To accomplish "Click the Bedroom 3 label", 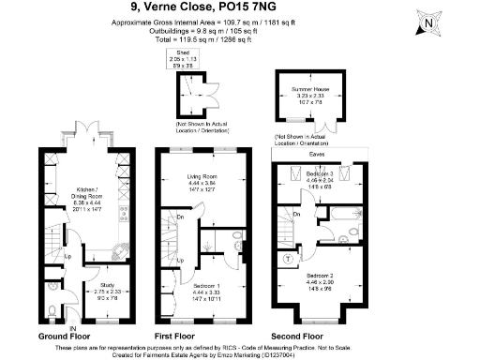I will [x=321, y=175].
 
